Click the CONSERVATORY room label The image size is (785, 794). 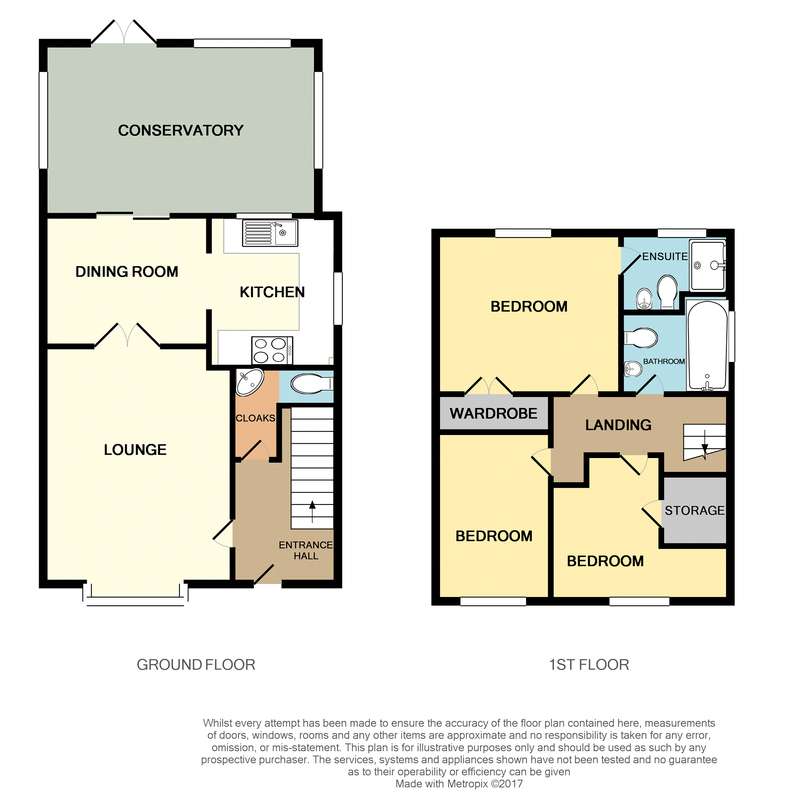[x=181, y=130]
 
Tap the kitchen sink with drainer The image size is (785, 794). [x=270, y=233]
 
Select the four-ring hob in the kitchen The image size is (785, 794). [x=272, y=350]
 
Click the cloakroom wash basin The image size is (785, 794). [x=250, y=382]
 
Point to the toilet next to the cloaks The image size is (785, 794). [x=312, y=384]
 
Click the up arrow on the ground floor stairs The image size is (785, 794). [x=312, y=511]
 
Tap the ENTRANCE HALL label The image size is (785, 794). [x=305, y=550]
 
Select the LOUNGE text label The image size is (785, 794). [x=135, y=450]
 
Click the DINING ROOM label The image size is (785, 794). [x=127, y=272]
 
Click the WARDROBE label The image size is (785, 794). [x=493, y=413]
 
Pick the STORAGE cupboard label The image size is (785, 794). [x=695, y=510]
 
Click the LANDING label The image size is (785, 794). [x=618, y=425]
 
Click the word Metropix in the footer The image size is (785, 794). [x=468, y=784]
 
